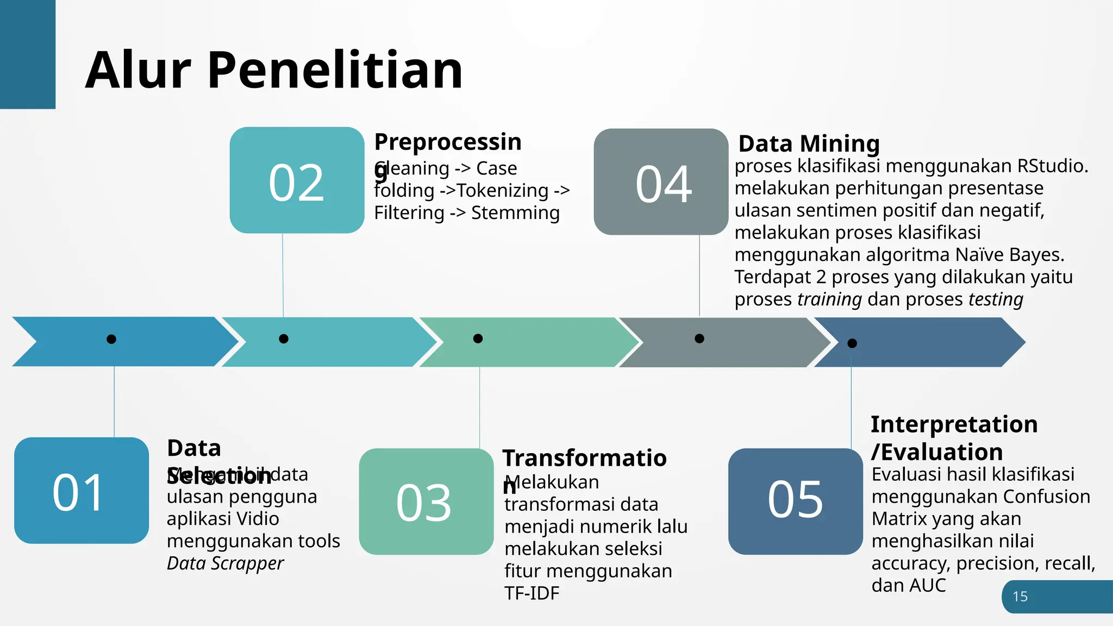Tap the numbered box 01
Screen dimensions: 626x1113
82,491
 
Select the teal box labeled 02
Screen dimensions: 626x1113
297,180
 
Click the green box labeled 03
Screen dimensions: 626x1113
426,502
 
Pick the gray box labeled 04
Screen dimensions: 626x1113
661,182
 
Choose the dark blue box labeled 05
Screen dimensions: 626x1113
795,502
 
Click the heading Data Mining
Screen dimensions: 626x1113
809,144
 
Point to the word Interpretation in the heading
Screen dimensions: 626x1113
954,424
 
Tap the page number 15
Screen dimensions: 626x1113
1020,597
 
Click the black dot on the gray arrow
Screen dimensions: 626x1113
699,339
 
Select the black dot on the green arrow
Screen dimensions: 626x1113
478,339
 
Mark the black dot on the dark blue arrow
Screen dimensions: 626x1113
852,343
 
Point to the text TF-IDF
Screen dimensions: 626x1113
532,593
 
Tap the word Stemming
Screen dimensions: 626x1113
515,213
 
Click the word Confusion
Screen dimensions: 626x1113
1046,497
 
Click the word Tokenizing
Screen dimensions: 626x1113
503,191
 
